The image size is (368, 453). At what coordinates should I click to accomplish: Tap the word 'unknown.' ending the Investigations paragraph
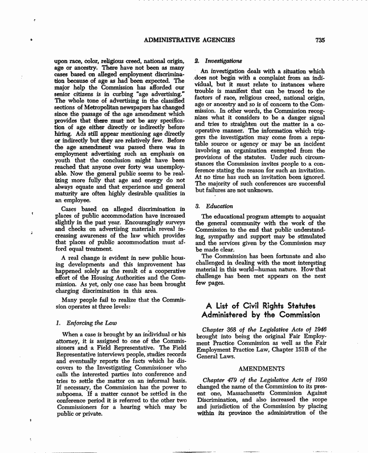click(x=260, y=190)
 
